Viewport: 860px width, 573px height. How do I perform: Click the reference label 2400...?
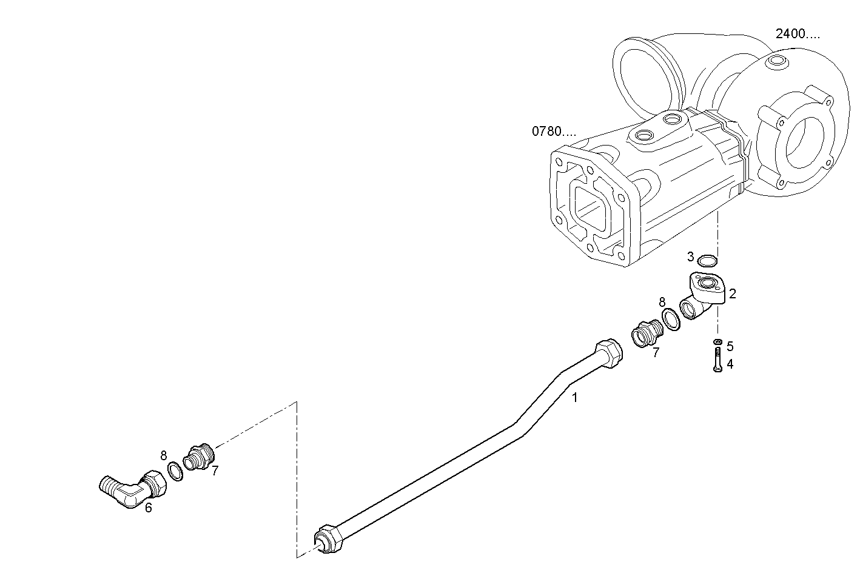(797, 34)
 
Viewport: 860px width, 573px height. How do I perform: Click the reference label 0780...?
(554, 131)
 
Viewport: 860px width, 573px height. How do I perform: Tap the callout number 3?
(691, 256)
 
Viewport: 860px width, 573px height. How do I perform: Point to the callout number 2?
(733, 294)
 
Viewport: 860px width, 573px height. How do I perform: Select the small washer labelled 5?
(717, 342)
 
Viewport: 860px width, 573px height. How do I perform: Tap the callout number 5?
(730, 346)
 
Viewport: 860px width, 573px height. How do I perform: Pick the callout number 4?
(730, 364)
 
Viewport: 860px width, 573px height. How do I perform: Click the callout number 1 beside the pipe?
(575, 398)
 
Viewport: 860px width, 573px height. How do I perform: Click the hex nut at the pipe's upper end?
(608, 352)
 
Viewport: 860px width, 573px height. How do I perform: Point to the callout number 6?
(148, 508)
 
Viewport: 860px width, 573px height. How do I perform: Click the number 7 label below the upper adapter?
(656, 352)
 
